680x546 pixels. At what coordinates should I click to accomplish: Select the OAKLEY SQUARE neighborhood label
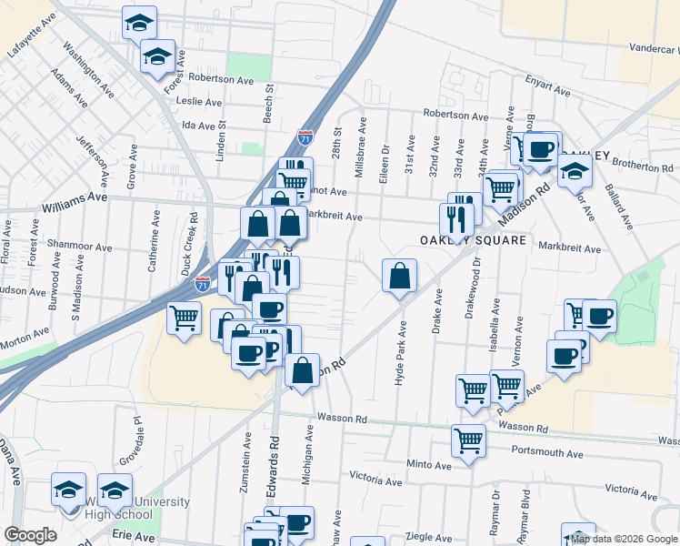[x=473, y=240]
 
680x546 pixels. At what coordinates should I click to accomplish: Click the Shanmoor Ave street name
[x=79, y=247]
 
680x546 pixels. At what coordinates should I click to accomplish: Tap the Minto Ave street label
[x=429, y=464]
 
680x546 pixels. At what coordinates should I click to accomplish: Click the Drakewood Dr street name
[x=476, y=286]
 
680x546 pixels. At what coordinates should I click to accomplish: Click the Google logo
[x=31, y=535]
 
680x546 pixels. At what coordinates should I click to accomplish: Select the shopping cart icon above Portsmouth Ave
[x=469, y=441]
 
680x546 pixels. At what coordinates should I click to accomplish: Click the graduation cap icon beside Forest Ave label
[x=157, y=58]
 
